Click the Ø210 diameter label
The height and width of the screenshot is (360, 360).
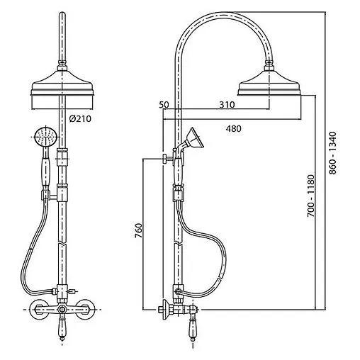[80, 118]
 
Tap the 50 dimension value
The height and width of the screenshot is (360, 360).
[164, 105]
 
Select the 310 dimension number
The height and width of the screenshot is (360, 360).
[227, 104]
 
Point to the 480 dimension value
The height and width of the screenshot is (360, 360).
[234, 128]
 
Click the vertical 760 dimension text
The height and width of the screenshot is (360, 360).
[139, 230]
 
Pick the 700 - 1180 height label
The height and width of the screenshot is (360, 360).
[311, 196]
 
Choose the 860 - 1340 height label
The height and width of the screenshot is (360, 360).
[332, 153]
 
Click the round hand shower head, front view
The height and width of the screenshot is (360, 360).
[45, 137]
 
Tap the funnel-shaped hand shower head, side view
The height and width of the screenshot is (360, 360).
[194, 139]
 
